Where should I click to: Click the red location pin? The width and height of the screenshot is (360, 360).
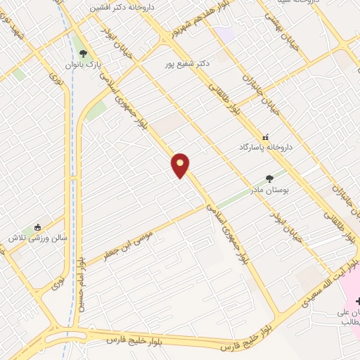(181, 165)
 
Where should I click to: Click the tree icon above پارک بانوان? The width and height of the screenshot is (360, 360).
(84, 53)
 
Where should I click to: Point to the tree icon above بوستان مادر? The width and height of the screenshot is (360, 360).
(269, 179)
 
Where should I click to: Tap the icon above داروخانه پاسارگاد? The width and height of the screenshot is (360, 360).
(265, 137)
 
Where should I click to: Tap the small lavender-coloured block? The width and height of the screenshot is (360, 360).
(224, 33)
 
